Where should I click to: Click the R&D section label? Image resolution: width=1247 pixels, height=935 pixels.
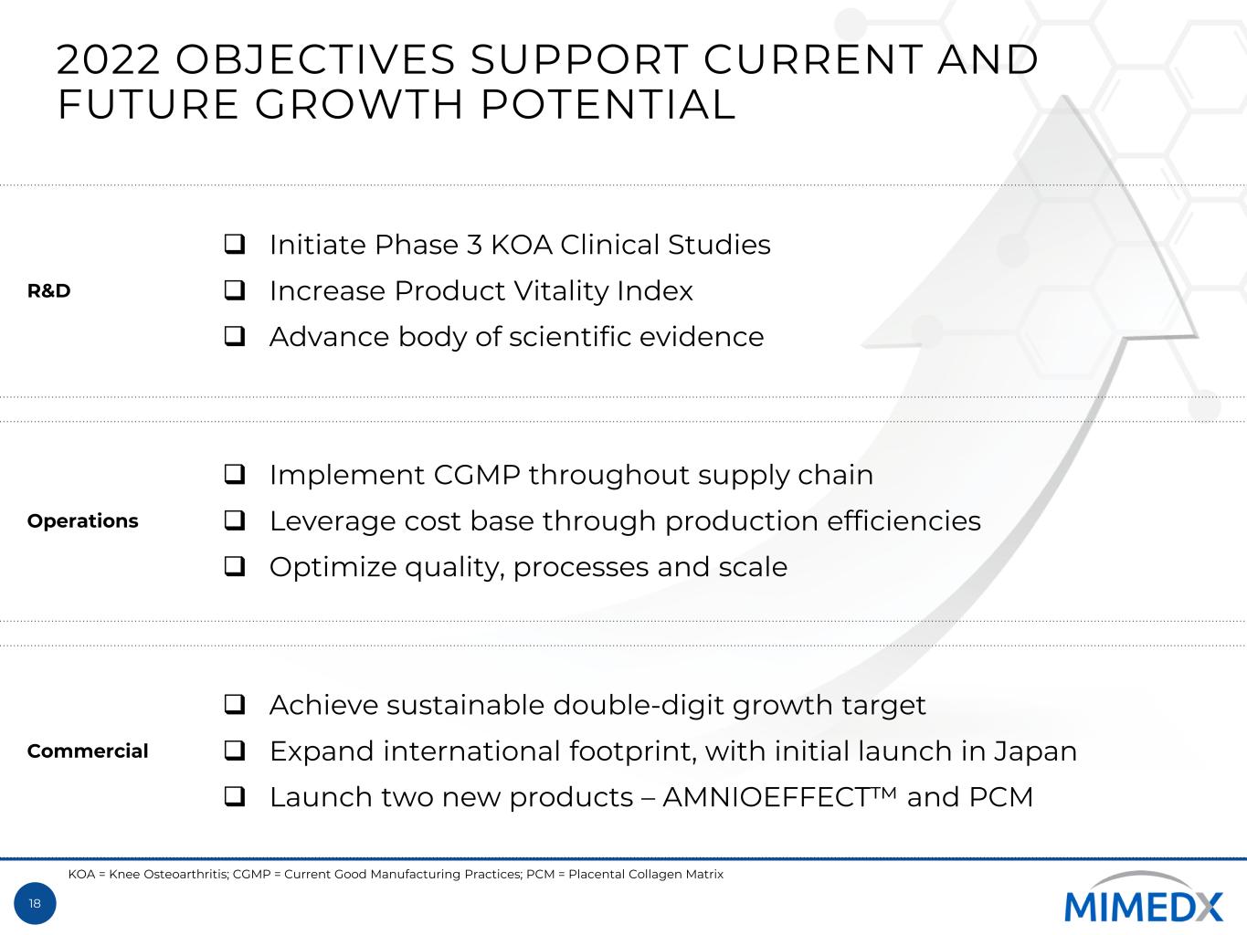pyautogui.click(x=48, y=290)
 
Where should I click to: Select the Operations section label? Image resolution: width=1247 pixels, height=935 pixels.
pyautogui.click(x=83, y=520)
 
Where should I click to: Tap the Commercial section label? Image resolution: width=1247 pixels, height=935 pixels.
pyautogui.click(x=88, y=751)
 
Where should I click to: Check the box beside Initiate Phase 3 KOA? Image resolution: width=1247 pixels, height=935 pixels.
pyautogui.click(x=234, y=244)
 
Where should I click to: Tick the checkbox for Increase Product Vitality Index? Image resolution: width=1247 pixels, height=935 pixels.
pyautogui.click(x=234, y=290)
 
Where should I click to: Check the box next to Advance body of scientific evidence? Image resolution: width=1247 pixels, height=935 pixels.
pyautogui.click(x=234, y=336)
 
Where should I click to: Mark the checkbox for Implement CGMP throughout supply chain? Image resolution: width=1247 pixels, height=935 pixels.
pyautogui.click(x=234, y=474)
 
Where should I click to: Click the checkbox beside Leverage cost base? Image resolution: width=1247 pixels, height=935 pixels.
pyautogui.click(x=234, y=520)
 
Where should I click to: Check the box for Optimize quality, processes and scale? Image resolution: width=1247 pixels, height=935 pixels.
pyautogui.click(x=234, y=566)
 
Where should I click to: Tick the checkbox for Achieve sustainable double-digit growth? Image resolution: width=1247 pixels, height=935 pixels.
pyautogui.click(x=234, y=705)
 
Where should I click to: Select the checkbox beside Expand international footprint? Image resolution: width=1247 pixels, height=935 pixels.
pyautogui.click(x=234, y=751)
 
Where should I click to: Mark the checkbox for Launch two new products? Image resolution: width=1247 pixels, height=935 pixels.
pyautogui.click(x=234, y=796)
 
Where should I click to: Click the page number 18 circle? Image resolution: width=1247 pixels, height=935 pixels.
pyautogui.click(x=35, y=903)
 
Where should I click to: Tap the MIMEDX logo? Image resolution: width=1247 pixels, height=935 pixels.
pyautogui.click(x=1143, y=898)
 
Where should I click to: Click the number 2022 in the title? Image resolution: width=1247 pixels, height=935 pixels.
pyautogui.click(x=108, y=59)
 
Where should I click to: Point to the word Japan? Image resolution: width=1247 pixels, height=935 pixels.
pyautogui.click(x=1035, y=751)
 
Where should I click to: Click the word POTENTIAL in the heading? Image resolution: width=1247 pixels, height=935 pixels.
pyautogui.click(x=608, y=104)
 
